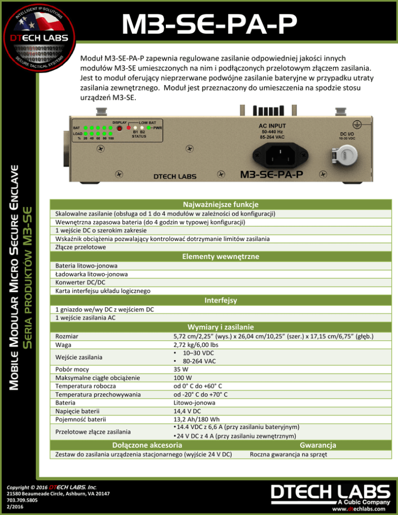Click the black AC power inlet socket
(279, 153)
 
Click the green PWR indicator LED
(149, 127)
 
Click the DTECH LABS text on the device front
(175, 176)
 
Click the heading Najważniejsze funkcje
(220, 204)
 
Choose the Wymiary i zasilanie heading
(220, 327)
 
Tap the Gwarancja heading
(318, 445)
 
